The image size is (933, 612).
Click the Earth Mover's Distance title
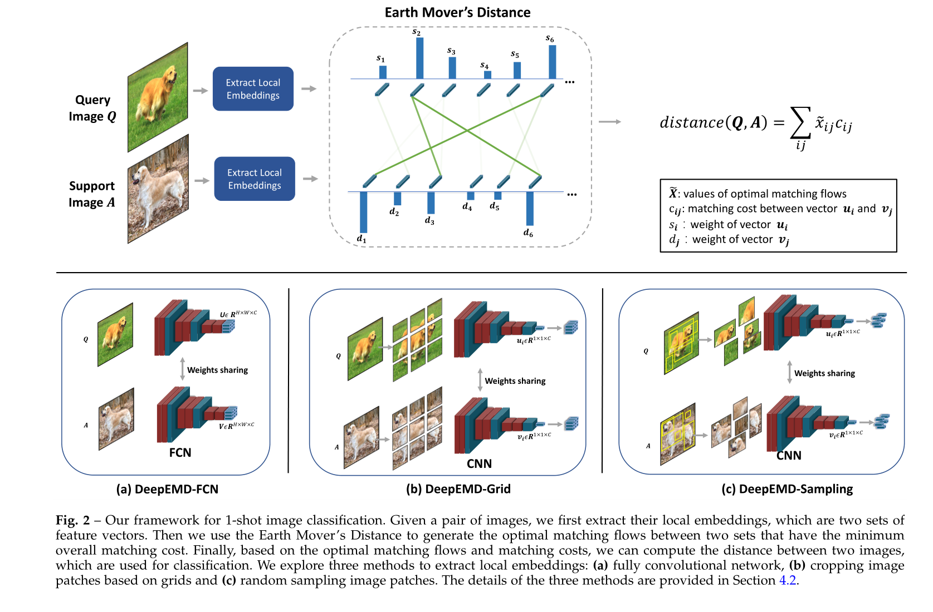pyautogui.click(x=457, y=12)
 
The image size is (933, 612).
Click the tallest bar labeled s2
pyautogui.click(x=419, y=58)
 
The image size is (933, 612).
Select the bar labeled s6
pyautogui.click(x=552, y=62)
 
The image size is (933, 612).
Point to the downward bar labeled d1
pyautogui.click(x=363, y=211)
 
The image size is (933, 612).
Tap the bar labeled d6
pyautogui.click(x=530, y=208)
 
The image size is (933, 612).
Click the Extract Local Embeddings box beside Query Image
pyautogui.click(x=253, y=89)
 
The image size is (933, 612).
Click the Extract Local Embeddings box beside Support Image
pyautogui.click(x=255, y=179)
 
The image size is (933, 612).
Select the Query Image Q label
pyautogui.click(x=92, y=108)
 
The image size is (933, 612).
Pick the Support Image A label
pyautogui.click(x=92, y=194)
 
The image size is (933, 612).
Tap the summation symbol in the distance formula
pyautogui.click(x=800, y=122)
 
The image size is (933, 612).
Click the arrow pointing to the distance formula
pyautogui.click(x=610, y=122)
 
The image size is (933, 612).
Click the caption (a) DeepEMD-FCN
pyautogui.click(x=167, y=489)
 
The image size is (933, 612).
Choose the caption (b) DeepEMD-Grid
pyautogui.click(x=458, y=488)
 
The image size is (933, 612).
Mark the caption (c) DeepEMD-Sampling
pyautogui.click(x=787, y=488)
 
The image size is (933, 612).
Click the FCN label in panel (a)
pyautogui.click(x=180, y=452)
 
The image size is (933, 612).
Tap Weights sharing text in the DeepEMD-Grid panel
pyautogui.click(x=515, y=381)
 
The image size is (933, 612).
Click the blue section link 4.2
pyautogui.click(x=787, y=580)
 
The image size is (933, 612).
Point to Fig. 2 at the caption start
pyautogui.click(x=72, y=520)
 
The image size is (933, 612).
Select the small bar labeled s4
pyautogui.click(x=487, y=75)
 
